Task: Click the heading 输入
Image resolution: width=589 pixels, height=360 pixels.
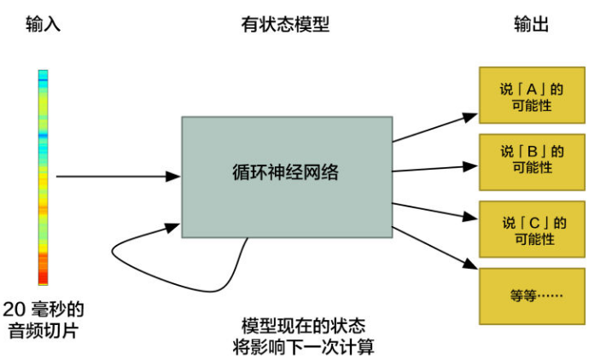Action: [x=43, y=25]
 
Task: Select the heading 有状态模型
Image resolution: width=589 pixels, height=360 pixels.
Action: [x=286, y=25]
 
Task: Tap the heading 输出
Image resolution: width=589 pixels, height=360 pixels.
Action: [x=530, y=25]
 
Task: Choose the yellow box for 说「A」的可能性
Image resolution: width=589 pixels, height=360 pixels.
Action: [x=531, y=97]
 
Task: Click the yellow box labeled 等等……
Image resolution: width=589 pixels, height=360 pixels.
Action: [x=531, y=295]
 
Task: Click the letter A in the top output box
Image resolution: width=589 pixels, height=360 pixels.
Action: [x=531, y=89]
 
